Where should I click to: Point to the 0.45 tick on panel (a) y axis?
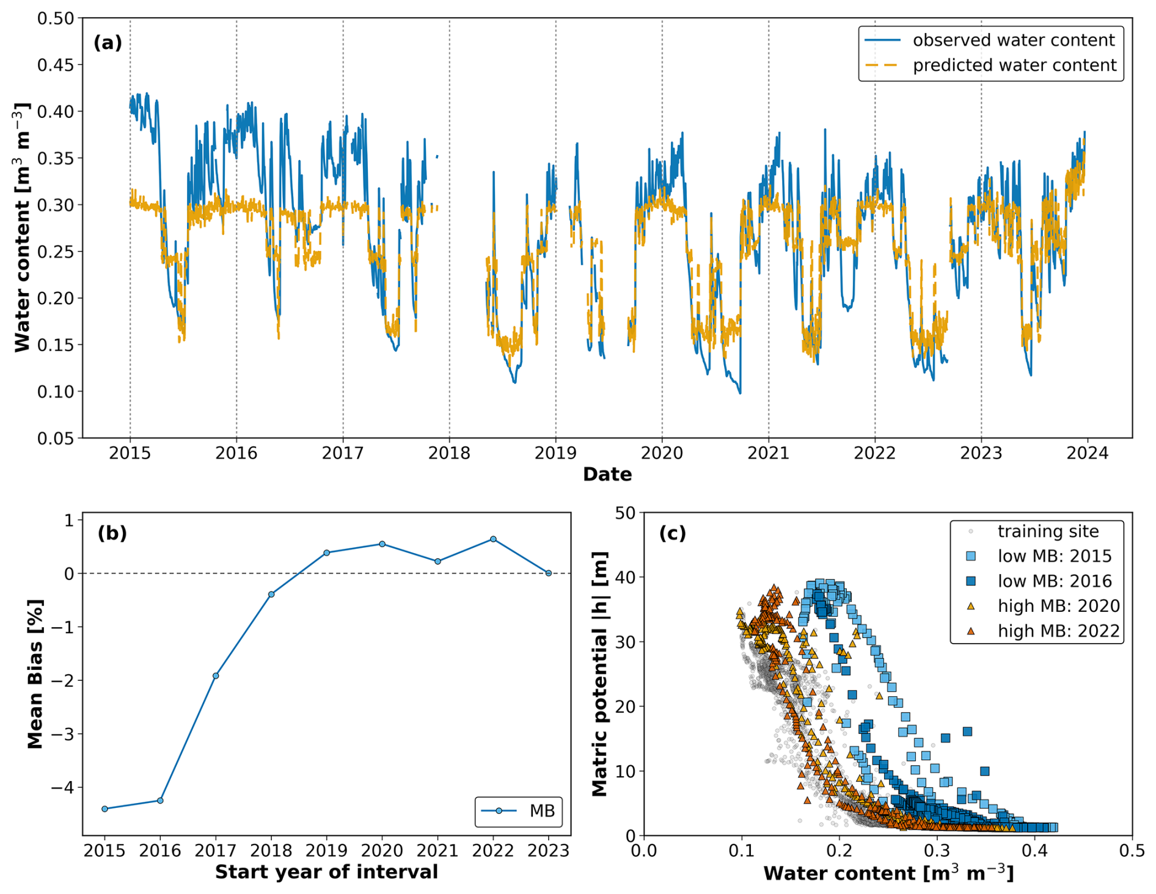click(59, 65)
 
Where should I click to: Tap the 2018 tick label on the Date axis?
click(449, 453)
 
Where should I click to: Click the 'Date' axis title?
click(607, 474)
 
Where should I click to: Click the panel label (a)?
click(108, 43)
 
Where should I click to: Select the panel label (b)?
click(112, 533)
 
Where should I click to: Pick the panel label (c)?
click(672, 533)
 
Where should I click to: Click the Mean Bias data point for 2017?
click(216, 675)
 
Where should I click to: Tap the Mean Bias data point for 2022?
click(493, 539)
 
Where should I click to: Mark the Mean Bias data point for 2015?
click(104, 809)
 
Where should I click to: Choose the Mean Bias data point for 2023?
click(548, 573)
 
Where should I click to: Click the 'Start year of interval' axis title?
click(326, 872)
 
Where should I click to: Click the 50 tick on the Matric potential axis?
click(625, 513)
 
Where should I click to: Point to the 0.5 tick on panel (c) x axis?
click(1132, 851)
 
